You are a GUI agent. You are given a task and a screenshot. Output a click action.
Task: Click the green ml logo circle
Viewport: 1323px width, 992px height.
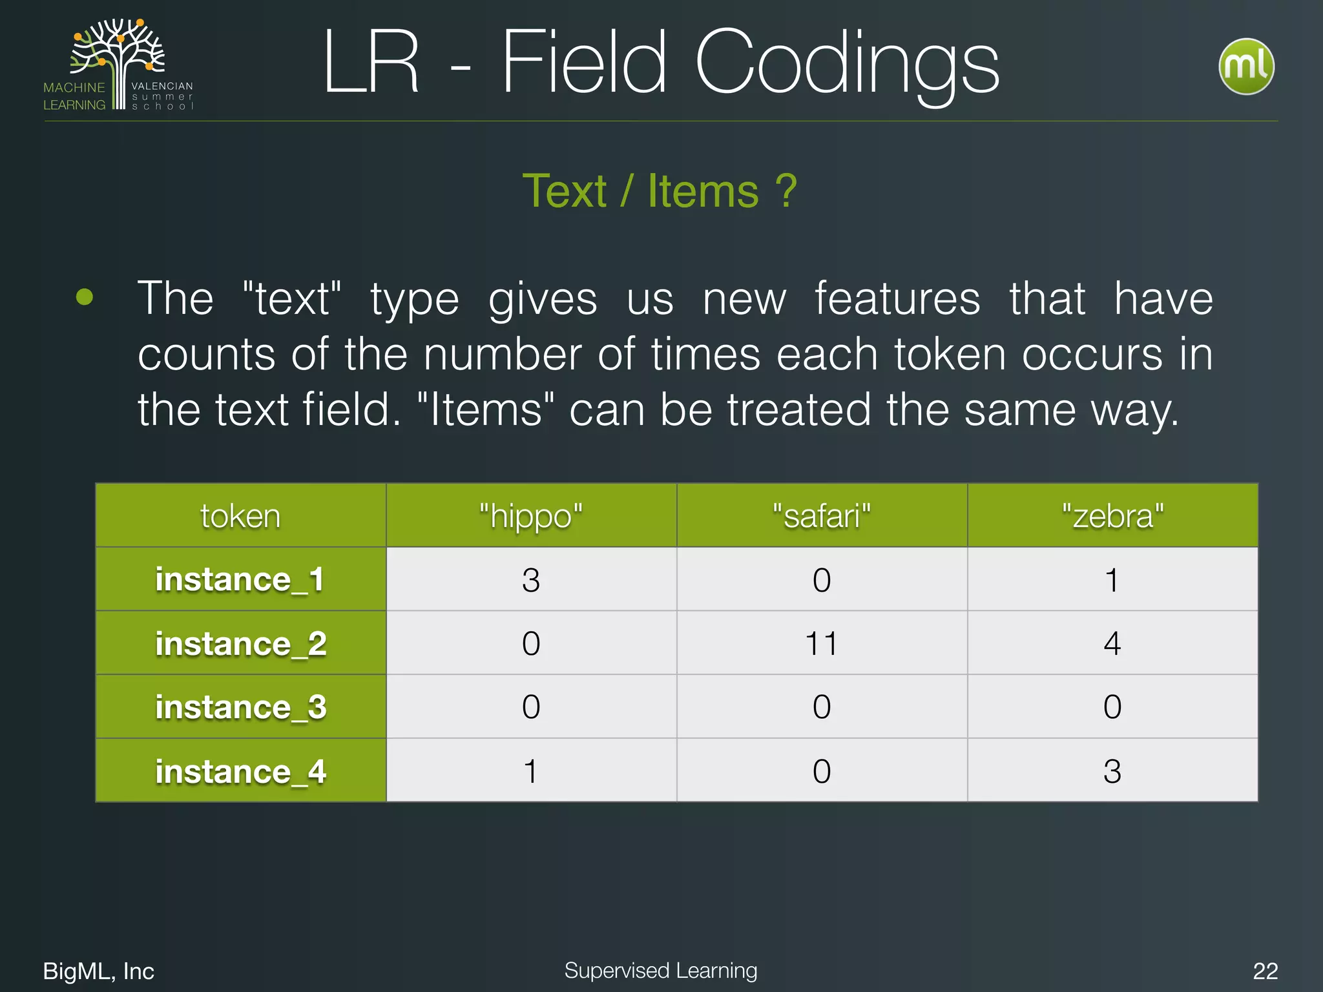(1245, 67)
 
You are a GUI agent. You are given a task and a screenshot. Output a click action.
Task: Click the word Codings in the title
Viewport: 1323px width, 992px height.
(846, 63)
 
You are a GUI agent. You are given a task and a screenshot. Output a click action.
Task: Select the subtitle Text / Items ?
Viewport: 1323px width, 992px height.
(660, 191)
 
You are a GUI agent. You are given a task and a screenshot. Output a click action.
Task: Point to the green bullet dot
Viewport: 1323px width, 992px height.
(85, 297)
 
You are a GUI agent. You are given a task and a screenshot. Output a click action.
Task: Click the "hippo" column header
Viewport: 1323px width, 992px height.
(531, 516)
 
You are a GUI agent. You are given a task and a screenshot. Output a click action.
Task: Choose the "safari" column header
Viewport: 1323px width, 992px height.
(822, 516)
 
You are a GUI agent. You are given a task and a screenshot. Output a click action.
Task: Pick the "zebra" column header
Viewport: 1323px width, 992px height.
(1112, 516)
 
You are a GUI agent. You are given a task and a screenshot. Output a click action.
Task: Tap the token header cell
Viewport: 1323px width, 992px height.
(240, 516)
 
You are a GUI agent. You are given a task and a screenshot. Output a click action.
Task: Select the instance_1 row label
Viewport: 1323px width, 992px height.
(240, 579)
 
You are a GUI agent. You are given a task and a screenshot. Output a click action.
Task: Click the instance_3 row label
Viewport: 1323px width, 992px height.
(240, 707)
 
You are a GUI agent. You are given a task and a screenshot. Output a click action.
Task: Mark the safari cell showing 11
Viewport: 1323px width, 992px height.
(822, 643)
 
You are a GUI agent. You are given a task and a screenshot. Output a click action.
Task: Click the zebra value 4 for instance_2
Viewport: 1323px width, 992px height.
(1112, 643)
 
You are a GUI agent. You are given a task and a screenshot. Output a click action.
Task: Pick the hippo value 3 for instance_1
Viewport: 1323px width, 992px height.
(531, 580)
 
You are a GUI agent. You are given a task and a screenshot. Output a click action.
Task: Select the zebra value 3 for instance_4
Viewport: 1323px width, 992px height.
(1112, 771)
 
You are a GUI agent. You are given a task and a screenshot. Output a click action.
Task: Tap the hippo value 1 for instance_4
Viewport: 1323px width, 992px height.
(531, 771)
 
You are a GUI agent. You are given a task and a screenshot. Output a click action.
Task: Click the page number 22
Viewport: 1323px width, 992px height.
(1265, 971)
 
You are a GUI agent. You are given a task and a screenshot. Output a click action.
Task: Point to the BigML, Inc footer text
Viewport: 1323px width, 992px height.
(99, 971)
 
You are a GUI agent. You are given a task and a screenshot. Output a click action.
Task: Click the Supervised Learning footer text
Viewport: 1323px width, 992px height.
(660, 970)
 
